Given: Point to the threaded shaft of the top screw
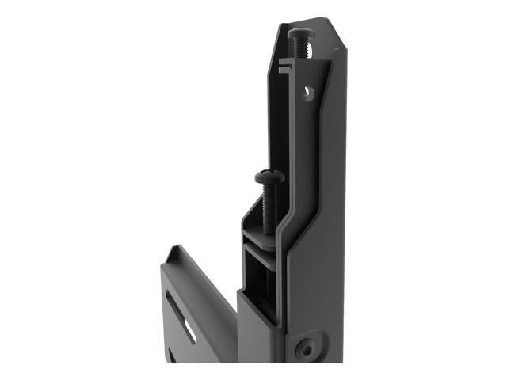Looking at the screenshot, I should point(303,50).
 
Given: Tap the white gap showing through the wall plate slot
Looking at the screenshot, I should point(191,329).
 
